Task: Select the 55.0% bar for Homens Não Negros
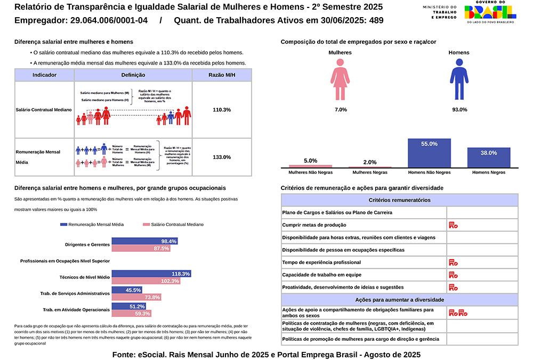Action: (429, 154)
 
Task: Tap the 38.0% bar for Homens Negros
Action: (488, 158)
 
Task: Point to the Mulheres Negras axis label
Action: (369, 172)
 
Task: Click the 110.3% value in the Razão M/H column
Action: (222, 109)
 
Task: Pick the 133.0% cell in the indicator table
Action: (222, 157)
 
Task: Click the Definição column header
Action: (133, 75)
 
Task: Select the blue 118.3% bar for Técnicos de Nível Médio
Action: (151, 274)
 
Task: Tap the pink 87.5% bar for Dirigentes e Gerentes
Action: (140, 249)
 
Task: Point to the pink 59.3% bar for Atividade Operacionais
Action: (132, 314)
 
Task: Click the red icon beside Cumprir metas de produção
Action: (453, 225)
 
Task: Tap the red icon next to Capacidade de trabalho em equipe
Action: (453, 275)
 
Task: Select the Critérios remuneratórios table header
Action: (399, 200)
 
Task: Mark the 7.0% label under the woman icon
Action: (341, 109)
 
